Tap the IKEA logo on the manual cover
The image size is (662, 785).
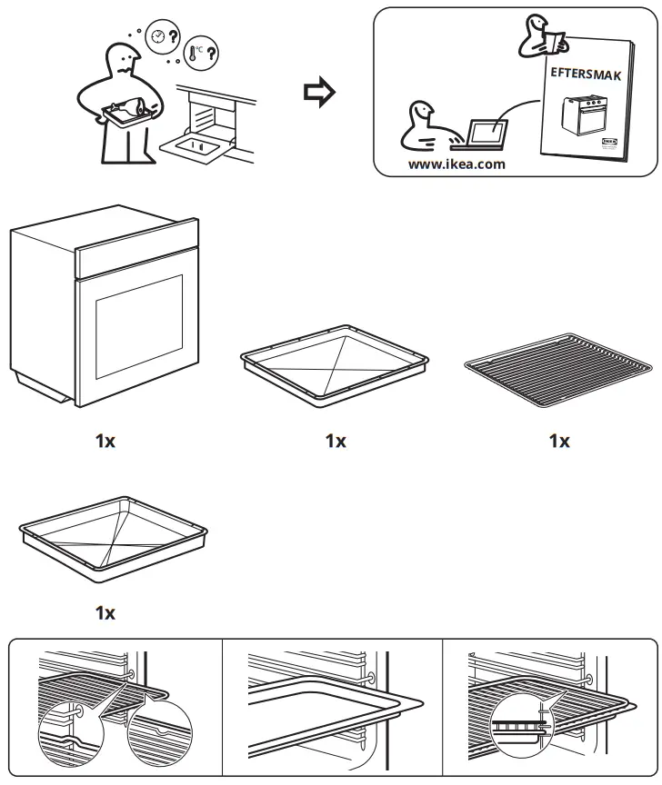pyautogui.click(x=607, y=144)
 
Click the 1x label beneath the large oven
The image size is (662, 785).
pyautogui.click(x=105, y=442)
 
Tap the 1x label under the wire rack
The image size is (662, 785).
pyautogui.click(x=558, y=442)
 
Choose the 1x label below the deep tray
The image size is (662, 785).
pyautogui.click(x=105, y=612)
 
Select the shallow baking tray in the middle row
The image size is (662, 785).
pyautogui.click(x=336, y=361)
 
